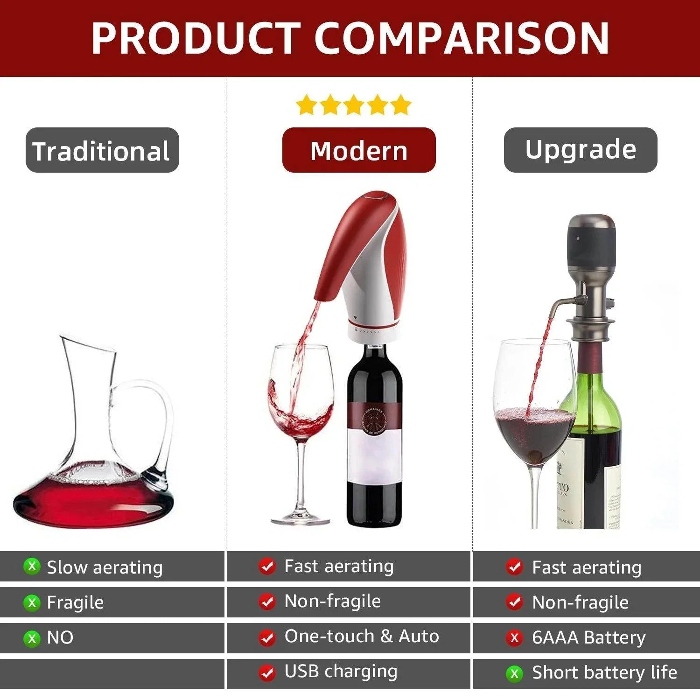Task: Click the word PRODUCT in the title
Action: (195, 38)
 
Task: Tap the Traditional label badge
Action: (102, 150)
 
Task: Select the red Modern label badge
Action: (358, 150)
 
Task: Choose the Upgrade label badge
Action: (580, 149)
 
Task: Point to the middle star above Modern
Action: (353, 105)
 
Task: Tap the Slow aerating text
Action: (105, 567)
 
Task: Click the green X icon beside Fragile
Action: (32, 602)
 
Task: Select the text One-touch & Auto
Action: (362, 636)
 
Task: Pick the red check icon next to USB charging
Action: (267, 672)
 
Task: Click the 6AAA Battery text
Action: (588, 637)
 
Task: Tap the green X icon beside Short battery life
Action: (514, 673)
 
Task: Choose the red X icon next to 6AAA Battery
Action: (514, 637)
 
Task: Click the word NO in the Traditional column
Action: (60, 637)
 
